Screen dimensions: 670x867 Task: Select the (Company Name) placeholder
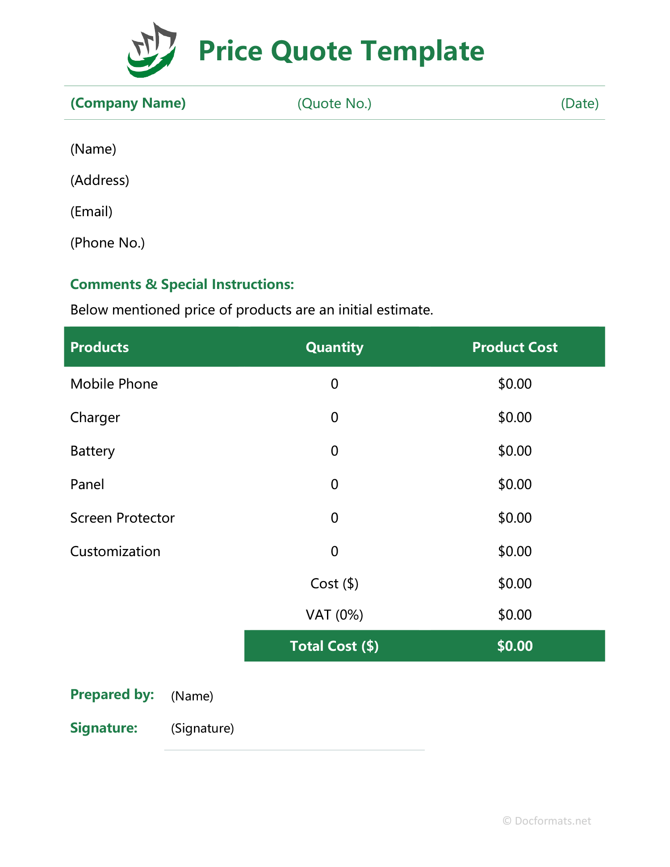pos(128,103)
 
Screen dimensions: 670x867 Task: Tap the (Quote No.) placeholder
pos(334,104)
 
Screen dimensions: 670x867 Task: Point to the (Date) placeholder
pos(579,104)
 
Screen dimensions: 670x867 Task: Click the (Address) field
pos(100,180)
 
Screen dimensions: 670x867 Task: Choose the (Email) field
pos(91,212)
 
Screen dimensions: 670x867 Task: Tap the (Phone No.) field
pos(107,243)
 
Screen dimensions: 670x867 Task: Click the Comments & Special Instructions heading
pos(182,285)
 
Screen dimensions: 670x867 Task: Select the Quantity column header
pos(334,348)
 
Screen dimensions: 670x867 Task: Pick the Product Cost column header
pos(515,348)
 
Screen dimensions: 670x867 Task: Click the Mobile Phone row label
pos(114,384)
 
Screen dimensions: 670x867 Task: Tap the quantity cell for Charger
pos(334,418)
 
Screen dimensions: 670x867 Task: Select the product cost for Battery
pos(515,451)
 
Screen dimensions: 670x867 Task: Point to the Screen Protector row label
pos(122,518)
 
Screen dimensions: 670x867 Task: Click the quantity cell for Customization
pos(334,552)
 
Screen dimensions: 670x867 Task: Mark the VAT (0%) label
pos(334,615)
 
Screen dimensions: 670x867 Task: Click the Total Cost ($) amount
pos(515,646)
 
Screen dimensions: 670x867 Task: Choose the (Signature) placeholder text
pos(202,729)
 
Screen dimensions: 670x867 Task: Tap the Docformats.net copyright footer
pos(547,821)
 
